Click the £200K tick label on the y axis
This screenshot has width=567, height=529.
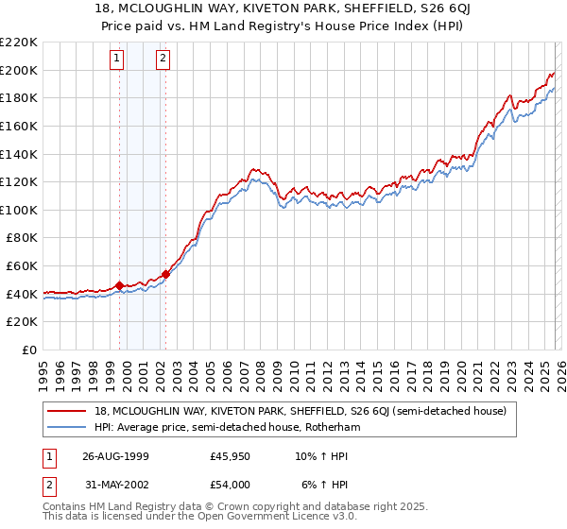click(19, 70)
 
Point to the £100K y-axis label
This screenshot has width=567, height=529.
click(19, 210)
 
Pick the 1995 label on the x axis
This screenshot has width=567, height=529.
click(43, 368)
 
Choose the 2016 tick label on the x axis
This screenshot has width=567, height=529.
click(392, 368)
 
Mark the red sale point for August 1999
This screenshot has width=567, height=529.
click(120, 285)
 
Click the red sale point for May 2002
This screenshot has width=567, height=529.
click(165, 274)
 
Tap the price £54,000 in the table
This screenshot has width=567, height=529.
click(230, 485)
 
